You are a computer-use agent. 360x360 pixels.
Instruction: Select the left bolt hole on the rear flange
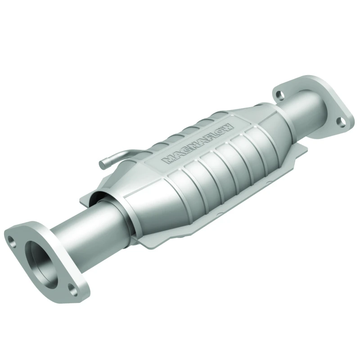(x=280, y=95)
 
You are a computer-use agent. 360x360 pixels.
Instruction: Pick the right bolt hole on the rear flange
(x=341, y=121)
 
